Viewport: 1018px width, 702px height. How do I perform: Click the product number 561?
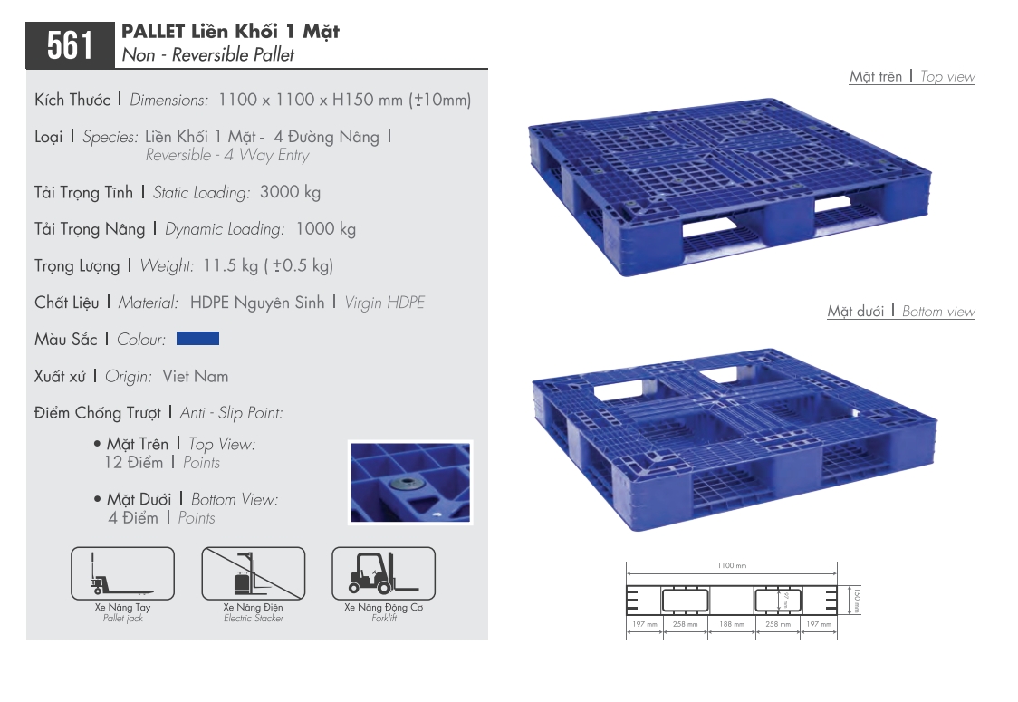[70, 45]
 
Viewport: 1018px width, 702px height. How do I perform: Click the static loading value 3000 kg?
[290, 192]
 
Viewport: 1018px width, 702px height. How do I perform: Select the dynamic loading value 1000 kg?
[326, 228]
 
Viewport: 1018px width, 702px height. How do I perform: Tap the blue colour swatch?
[198, 339]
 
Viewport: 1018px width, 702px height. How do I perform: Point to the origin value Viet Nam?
[196, 376]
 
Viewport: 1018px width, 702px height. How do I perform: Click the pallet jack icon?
[122, 573]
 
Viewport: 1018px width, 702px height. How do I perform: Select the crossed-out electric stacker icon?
[254, 573]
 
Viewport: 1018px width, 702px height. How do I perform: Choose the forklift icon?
[384, 573]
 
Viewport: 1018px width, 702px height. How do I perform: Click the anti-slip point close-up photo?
[410, 483]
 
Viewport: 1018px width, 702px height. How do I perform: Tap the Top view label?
[947, 77]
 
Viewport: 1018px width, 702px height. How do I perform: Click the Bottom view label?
[938, 312]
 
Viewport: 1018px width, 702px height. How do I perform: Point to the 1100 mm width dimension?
[732, 565]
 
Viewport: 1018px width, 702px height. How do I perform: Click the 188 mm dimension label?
[732, 624]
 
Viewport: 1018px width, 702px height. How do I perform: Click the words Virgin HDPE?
[384, 303]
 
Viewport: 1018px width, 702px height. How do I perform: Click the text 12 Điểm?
[134, 462]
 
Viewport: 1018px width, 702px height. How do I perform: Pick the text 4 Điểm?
[133, 517]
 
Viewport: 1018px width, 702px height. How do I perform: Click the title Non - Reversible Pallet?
[208, 54]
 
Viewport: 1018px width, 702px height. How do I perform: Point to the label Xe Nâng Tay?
[122, 607]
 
